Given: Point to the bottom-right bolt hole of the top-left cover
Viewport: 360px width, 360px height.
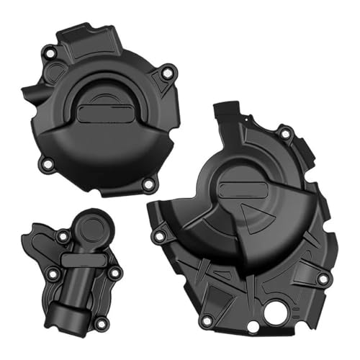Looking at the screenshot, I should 148,185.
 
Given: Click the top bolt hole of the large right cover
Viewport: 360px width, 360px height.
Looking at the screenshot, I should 285,132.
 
